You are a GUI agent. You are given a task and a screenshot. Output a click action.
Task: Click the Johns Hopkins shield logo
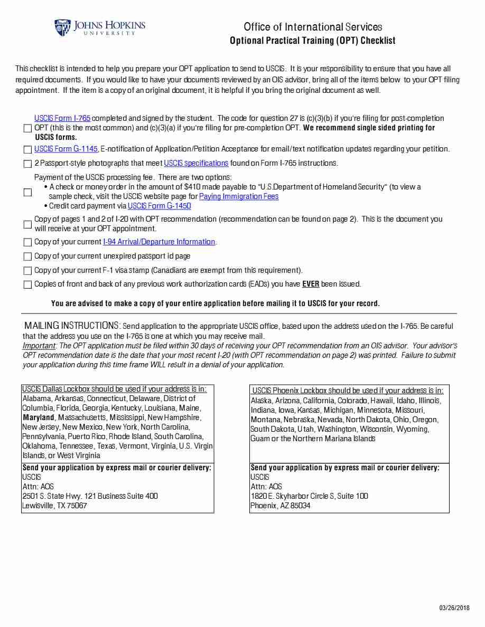coord(62,27)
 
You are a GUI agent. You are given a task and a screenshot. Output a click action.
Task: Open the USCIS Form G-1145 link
coord(66,149)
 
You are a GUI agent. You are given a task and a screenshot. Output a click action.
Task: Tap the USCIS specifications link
coord(196,163)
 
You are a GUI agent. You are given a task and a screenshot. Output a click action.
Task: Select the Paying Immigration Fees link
coord(239,196)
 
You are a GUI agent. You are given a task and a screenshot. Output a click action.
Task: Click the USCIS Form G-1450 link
coord(159,206)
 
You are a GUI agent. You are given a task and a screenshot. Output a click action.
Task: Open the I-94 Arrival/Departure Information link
coord(159,242)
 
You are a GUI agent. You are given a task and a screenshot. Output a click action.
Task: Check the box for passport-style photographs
coord(27,164)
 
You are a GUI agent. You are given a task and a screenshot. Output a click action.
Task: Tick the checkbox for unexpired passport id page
coord(27,256)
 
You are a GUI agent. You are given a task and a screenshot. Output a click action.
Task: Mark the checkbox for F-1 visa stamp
coord(27,271)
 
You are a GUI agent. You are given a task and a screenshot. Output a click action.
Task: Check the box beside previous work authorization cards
coord(27,285)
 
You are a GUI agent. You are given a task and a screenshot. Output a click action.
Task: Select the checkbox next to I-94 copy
coord(27,242)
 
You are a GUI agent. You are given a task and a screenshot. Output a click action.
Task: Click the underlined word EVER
coord(311,284)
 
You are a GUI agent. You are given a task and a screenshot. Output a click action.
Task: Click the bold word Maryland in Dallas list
coord(38,417)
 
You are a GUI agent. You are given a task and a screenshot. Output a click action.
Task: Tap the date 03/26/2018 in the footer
coord(454,608)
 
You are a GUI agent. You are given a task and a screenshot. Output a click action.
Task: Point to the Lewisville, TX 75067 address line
coord(54,506)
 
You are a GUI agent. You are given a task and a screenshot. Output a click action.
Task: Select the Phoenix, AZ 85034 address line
coord(280,506)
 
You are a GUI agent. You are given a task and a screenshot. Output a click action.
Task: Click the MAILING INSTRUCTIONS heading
coord(72,326)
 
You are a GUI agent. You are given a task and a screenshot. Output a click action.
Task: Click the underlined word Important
coord(39,346)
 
